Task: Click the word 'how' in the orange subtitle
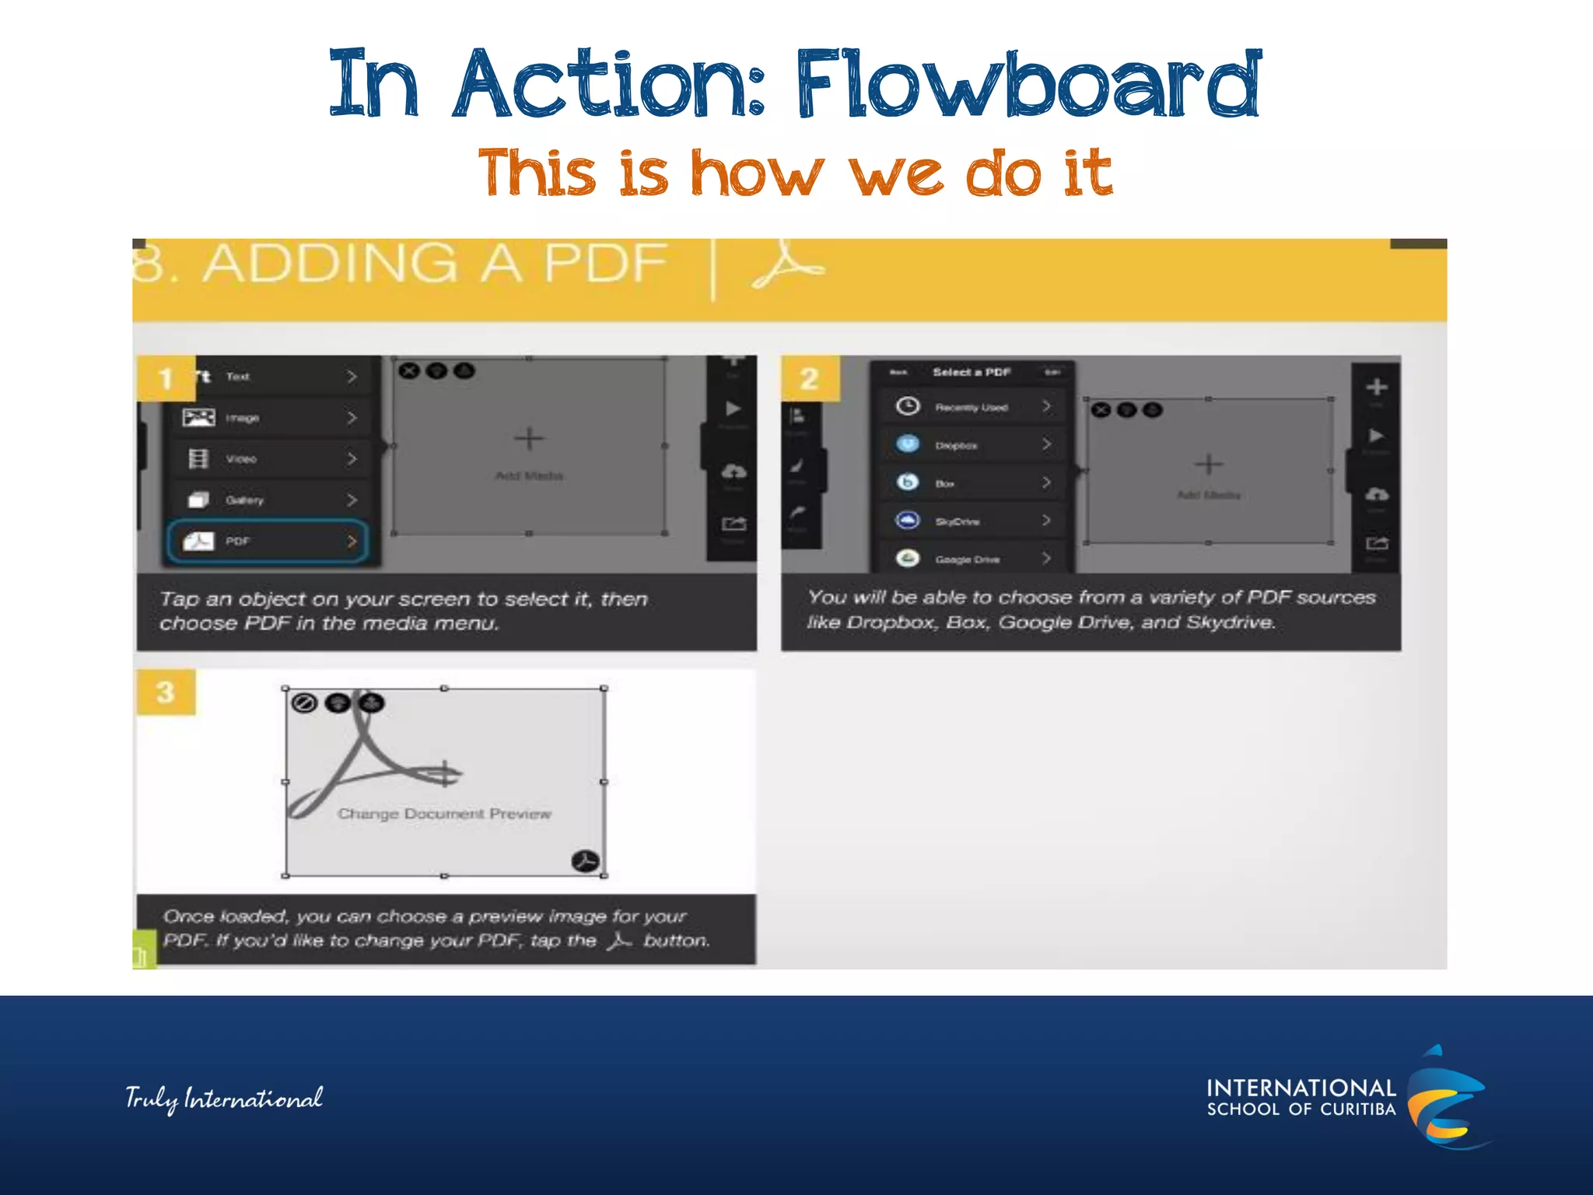click(x=756, y=173)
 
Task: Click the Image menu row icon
click(x=198, y=418)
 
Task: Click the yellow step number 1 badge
click(x=166, y=379)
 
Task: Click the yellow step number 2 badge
click(x=810, y=379)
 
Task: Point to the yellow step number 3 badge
click(x=166, y=692)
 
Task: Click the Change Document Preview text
click(x=444, y=814)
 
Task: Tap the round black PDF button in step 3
click(x=586, y=861)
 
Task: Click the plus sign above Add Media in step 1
click(x=529, y=439)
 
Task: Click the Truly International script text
click(x=224, y=1099)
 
